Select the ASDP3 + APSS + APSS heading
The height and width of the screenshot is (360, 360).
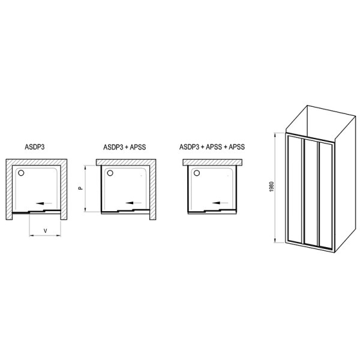point(212,147)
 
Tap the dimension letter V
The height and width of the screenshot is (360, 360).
point(46,231)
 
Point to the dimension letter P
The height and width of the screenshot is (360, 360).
point(80,188)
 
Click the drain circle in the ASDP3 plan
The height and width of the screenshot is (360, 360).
point(22,173)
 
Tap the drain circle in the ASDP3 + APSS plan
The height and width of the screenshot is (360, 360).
point(109,173)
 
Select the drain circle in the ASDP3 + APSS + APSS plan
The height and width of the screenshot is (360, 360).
point(196,173)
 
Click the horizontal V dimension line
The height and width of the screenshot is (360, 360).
point(46,237)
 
